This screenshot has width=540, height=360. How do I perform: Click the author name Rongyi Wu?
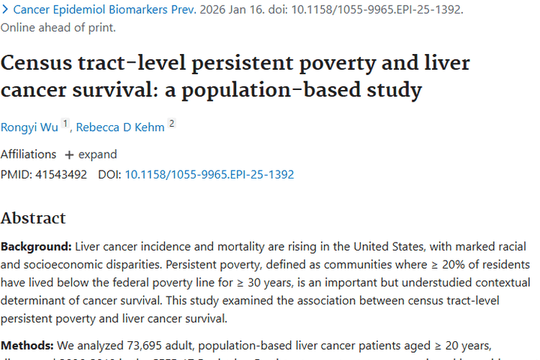(x=29, y=127)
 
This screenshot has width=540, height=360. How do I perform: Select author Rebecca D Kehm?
(x=120, y=127)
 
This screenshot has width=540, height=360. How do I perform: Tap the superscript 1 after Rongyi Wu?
(x=65, y=124)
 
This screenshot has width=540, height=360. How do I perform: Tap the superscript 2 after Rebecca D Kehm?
(x=171, y=124)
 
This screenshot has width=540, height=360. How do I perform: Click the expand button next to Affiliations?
(x=91, y=154)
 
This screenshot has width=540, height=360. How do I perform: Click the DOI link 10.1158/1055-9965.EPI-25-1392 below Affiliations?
(x=210, y=174)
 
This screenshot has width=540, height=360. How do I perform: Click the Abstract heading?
(x=33, y=218)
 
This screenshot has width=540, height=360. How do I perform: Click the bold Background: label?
(x=35, y=246)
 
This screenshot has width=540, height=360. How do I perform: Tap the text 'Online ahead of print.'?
(x=58, y=28)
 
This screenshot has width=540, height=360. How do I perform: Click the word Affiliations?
(x=28, y=154)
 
